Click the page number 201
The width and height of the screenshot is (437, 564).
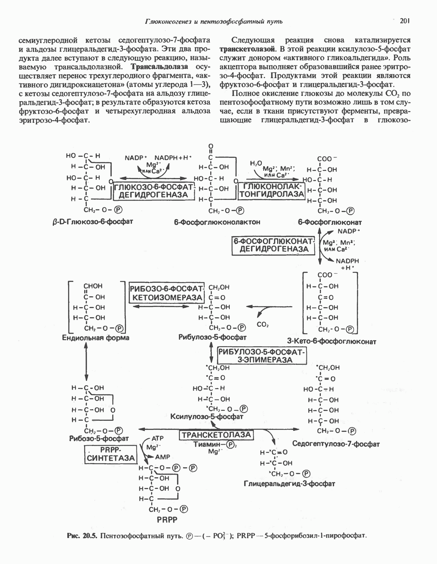pos(405,20)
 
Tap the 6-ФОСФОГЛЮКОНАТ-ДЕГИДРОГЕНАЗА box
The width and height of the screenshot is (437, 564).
pos(274,245)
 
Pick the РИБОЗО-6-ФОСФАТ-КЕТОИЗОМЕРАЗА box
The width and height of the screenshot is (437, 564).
pos(167,293)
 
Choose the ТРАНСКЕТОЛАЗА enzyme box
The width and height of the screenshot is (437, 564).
pos(216,435)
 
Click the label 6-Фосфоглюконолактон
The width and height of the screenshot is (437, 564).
pos(217,222)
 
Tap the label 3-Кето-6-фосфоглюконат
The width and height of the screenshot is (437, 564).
pos(331,341)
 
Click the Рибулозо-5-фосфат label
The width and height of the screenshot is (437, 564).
pos(212,337)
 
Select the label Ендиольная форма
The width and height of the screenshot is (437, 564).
pos(96,338)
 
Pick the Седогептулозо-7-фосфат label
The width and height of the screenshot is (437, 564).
pos(336,444)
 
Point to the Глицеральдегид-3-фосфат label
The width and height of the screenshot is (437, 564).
pos(290,483)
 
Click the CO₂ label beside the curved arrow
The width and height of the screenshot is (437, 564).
pos(263,324)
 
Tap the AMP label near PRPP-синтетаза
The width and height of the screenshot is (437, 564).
pos(163,457)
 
